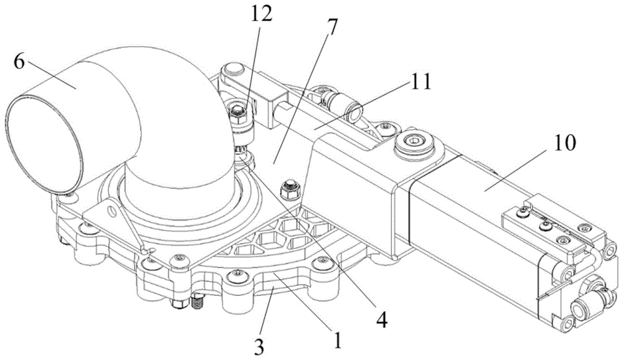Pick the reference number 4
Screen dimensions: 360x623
click(x=381, y=321)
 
